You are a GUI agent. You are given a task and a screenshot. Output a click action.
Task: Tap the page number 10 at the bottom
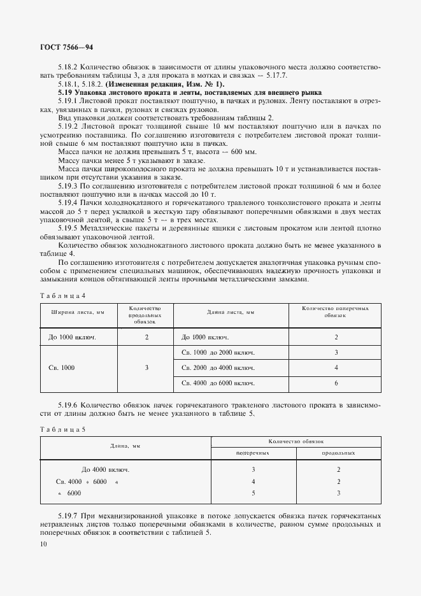43,544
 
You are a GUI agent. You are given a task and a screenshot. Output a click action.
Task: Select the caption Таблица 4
62,295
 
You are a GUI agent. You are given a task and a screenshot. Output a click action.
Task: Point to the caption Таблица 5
62,429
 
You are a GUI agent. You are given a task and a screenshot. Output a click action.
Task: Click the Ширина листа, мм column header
72,312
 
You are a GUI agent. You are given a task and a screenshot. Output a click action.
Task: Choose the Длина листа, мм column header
231,312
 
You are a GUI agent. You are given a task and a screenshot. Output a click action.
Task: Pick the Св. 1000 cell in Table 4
62,367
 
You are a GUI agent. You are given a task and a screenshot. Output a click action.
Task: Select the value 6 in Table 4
336,383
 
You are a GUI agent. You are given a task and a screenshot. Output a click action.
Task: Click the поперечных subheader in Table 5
253,453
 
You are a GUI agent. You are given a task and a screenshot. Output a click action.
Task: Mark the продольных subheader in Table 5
338,453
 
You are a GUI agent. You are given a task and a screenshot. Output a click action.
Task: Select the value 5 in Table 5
253,493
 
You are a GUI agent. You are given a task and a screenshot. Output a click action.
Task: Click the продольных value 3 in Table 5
338,493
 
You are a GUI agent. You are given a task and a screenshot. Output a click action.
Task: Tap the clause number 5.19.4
69,201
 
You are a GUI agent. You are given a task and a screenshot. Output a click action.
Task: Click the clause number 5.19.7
69,514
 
